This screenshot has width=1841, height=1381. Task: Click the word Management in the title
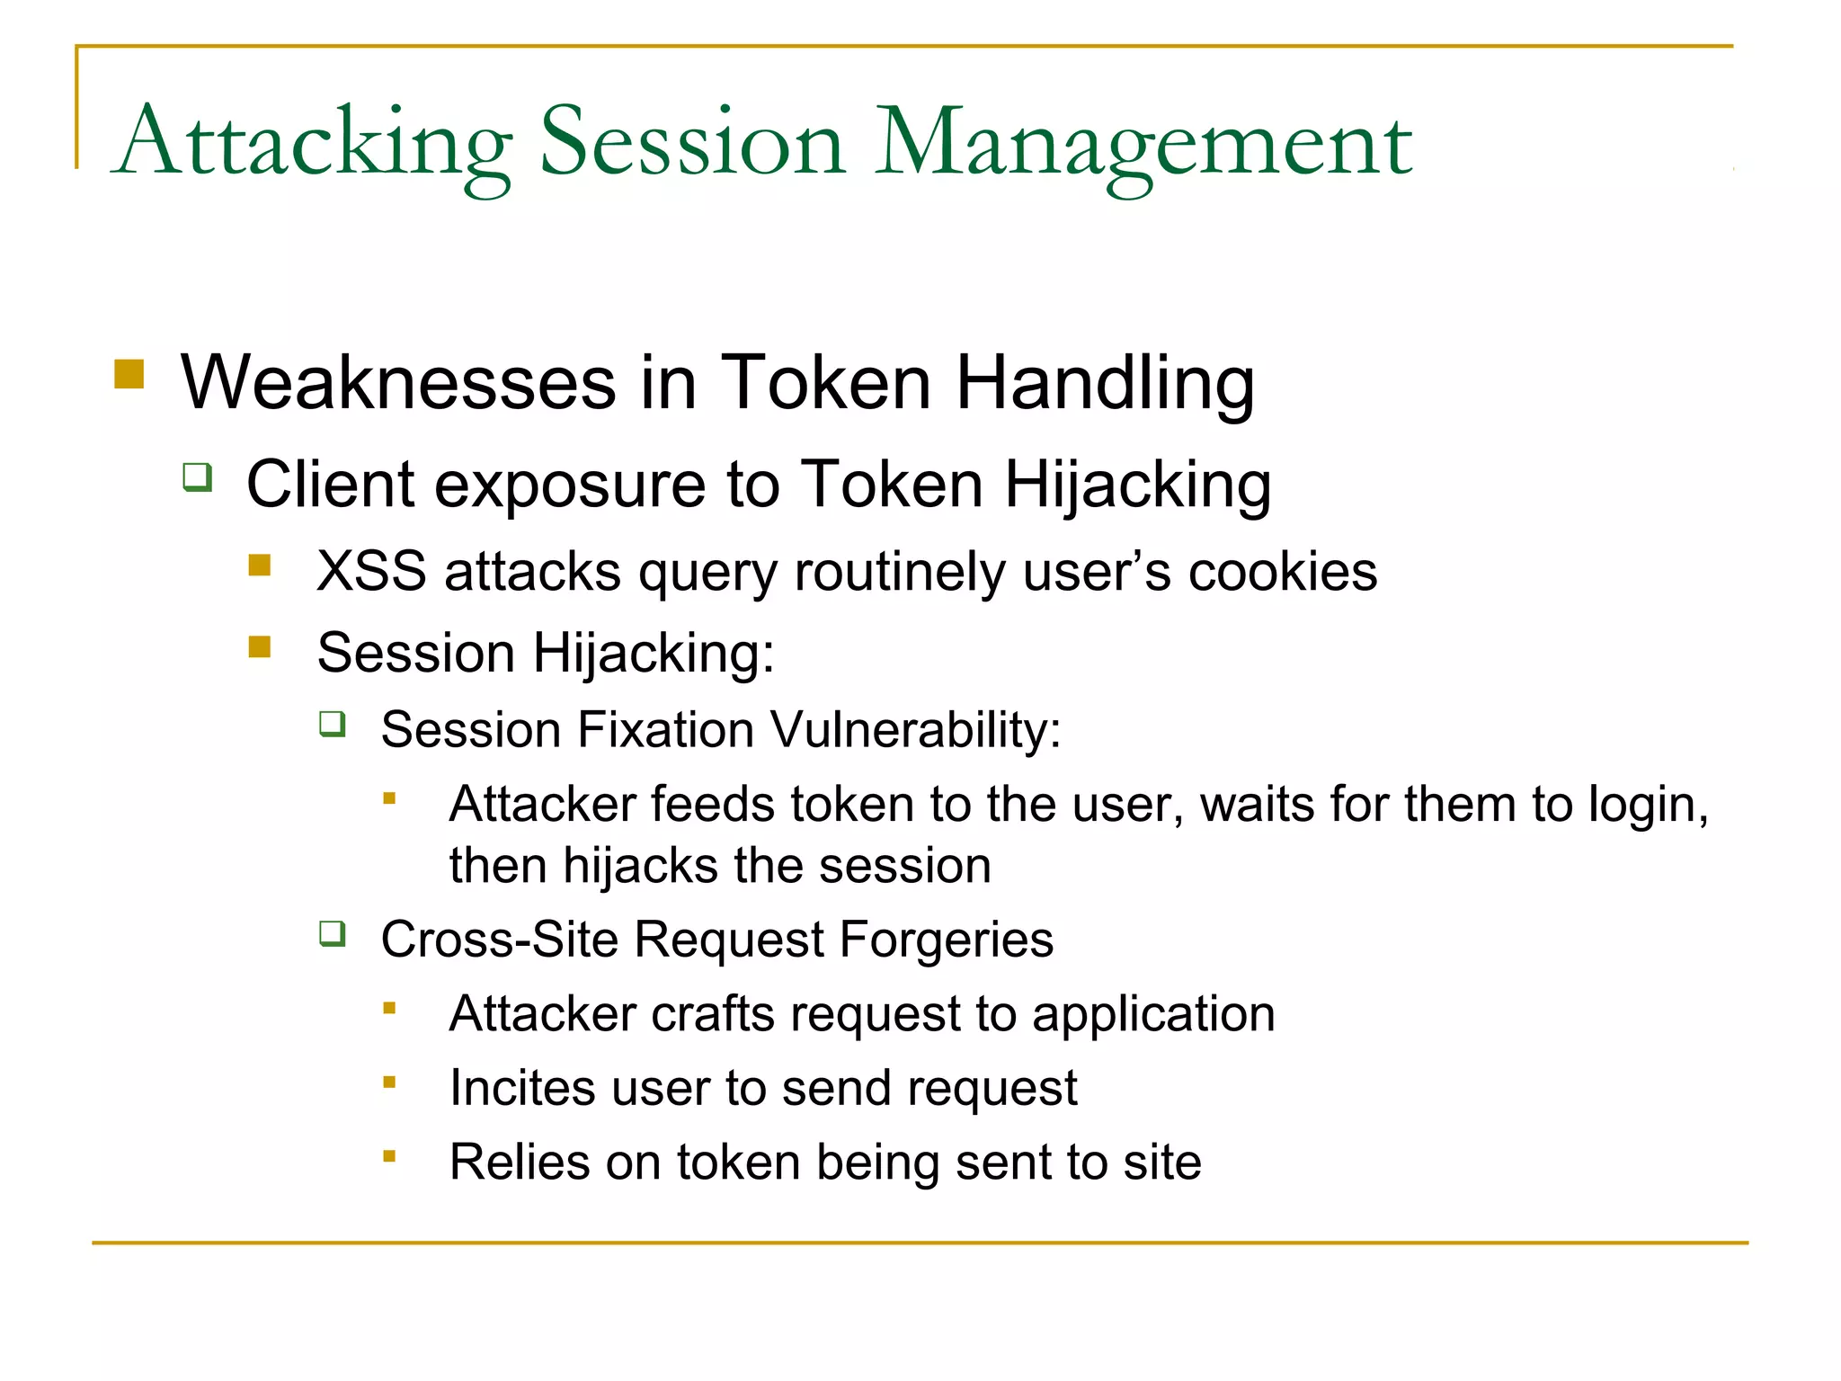coord(1143,144)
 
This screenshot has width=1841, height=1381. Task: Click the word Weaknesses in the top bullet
coord(398,383)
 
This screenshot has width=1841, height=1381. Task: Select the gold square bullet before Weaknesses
coord(129,373)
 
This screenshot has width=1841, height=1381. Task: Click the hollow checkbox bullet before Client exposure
coord(198,476)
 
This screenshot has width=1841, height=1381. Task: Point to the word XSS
coord(371,572)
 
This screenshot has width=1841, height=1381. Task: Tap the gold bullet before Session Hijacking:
coord(260,646)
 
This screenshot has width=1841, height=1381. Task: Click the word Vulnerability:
coord(916,729)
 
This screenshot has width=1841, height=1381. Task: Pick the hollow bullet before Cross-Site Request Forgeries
coord(333,934)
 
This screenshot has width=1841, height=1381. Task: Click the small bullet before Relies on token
coord(389,1155)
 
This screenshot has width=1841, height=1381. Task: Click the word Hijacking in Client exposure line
coord(1137,486)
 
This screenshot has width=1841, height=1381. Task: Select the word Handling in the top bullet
coord(1105,383)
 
